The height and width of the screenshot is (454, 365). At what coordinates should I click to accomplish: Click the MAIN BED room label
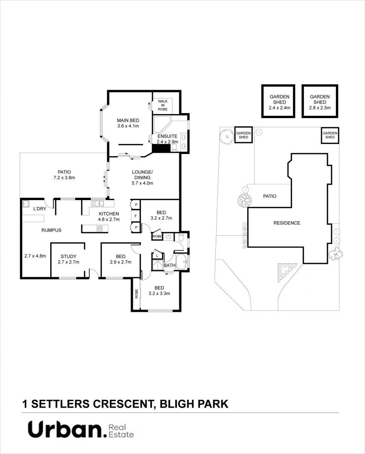(128, 120)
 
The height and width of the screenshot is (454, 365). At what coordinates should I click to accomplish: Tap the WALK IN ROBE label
(162, 105)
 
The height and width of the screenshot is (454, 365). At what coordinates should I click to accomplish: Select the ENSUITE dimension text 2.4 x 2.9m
(167, 142)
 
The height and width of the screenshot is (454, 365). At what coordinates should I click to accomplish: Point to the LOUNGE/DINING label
(142, 175)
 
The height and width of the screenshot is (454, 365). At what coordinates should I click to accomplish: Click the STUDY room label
(68, 256)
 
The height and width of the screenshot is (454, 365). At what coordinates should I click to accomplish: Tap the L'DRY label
(40, 209)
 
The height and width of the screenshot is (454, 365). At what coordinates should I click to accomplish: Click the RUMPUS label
(51, 230)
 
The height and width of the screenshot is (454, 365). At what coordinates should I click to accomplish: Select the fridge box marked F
(136, 216)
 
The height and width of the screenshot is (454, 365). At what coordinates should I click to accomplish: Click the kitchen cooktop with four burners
(99, 229)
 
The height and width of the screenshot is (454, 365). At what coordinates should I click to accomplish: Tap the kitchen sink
(98, 203)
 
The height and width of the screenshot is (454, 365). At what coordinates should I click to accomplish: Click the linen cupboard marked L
(157, 256)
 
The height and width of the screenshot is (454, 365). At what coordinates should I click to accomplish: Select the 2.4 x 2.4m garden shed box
(278, 101)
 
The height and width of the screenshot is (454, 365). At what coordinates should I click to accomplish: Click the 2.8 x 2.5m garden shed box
(320, 101)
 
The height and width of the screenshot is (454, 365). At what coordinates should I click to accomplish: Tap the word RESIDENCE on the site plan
(287, 223)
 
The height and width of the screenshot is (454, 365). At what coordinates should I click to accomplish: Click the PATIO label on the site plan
(270, 196)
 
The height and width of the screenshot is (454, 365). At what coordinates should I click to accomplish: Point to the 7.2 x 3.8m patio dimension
(64, 177)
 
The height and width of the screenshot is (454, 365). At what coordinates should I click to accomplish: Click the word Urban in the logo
(64, 429)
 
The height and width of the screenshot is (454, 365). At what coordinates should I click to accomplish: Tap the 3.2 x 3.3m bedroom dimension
(159, 293)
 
